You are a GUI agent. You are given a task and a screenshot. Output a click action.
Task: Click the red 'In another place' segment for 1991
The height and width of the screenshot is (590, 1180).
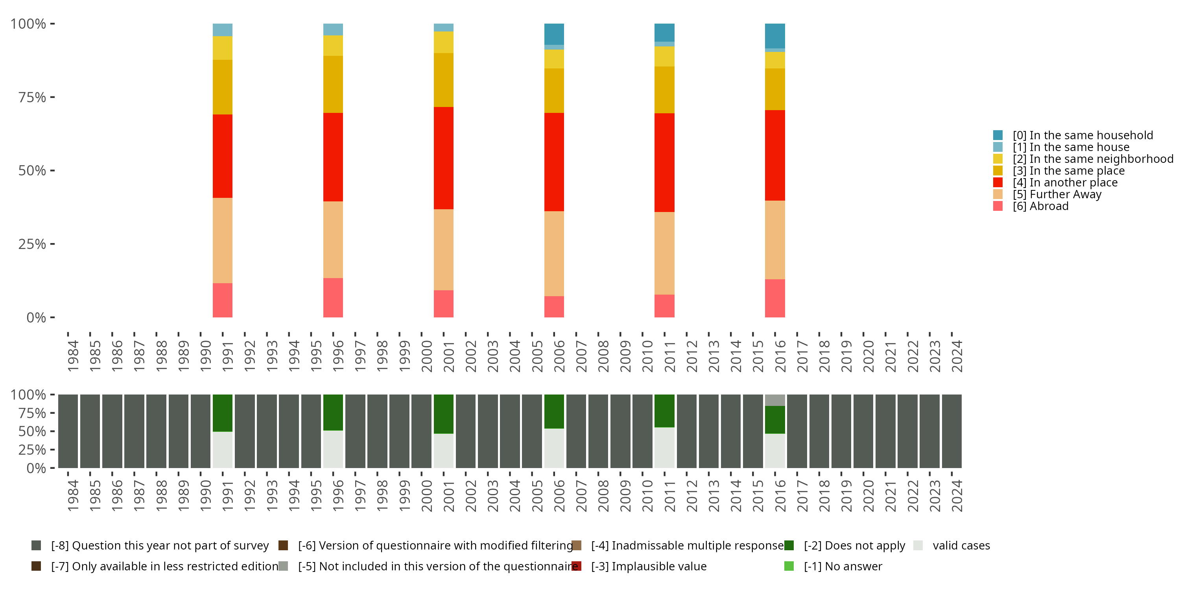click(x=223, y=156)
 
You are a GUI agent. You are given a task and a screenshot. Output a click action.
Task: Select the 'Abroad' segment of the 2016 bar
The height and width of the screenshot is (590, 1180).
click(x=774, y=298)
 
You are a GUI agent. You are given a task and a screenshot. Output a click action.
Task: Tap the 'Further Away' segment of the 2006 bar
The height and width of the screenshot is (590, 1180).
click(x=554, y=253)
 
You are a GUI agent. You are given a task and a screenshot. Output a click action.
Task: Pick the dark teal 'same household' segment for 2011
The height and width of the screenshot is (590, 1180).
click(x=664, y=33)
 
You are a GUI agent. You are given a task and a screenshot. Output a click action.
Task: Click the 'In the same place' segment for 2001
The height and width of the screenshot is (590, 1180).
click(x=443, y=80)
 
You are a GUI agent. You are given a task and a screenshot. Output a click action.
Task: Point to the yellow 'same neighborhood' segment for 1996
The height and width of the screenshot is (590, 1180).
click(x=333, y=45)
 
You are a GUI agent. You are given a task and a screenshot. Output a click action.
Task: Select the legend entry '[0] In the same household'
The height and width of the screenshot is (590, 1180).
click(x=1082, y=135)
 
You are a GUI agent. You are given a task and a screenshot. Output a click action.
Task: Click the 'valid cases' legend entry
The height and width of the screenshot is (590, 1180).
click(x=961, y=545)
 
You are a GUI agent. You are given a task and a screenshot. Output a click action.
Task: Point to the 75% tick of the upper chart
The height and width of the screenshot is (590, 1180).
click(x=32, y=97)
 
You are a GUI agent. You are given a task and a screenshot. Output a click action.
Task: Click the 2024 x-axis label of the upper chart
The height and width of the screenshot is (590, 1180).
click(x=957, y=356)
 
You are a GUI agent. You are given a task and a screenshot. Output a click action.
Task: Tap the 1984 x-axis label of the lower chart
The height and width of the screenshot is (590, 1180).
click(x=73, y=496)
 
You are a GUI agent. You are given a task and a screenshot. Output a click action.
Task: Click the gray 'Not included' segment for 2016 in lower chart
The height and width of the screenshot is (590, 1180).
click(x=774, y=400)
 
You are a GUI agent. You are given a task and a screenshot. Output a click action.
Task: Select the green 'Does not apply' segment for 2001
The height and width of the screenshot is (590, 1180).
click(x=443, y=414)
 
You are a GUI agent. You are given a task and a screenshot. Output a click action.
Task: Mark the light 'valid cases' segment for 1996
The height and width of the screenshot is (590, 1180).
click(x=333, y=449)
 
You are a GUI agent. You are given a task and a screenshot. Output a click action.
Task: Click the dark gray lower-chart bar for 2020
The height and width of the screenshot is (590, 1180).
click(x=863, y=431)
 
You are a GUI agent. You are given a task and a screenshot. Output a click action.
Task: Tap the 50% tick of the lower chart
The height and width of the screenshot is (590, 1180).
click(x=32, y=431)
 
